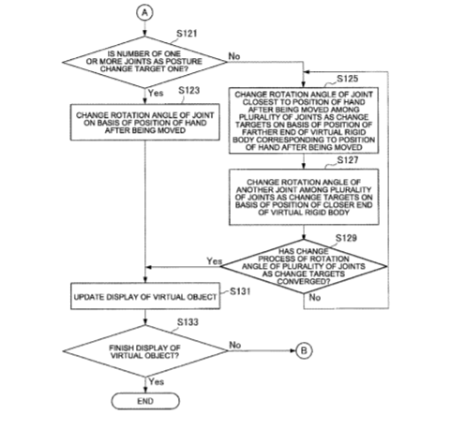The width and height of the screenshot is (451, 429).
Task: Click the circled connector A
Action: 144,13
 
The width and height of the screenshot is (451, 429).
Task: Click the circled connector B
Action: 304,350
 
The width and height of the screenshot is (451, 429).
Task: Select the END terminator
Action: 145,401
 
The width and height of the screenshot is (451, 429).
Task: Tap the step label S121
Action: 187,34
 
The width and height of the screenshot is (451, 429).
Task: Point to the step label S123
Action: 188,90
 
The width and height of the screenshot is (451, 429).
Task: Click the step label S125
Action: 347,79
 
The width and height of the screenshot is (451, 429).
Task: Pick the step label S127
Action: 348,160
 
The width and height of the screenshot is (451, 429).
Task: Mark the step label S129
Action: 346,238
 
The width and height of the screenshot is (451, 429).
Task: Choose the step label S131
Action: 240,291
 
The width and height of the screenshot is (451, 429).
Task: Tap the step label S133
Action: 188,322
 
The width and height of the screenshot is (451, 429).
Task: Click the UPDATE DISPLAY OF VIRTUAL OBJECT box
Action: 145,296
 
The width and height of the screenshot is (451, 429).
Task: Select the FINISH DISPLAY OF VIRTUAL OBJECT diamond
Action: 145,351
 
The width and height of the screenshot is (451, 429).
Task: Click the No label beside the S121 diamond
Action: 234,56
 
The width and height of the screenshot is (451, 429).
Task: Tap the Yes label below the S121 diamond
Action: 156,93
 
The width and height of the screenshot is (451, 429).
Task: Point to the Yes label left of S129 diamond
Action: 215,261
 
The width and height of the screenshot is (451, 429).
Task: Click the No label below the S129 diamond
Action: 315,298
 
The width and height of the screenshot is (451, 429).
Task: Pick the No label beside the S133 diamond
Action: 235,345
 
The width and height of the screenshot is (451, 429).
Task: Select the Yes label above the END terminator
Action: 157,381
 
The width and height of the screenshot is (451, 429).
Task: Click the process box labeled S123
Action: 145,122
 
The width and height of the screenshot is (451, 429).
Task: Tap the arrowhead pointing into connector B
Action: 293,350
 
